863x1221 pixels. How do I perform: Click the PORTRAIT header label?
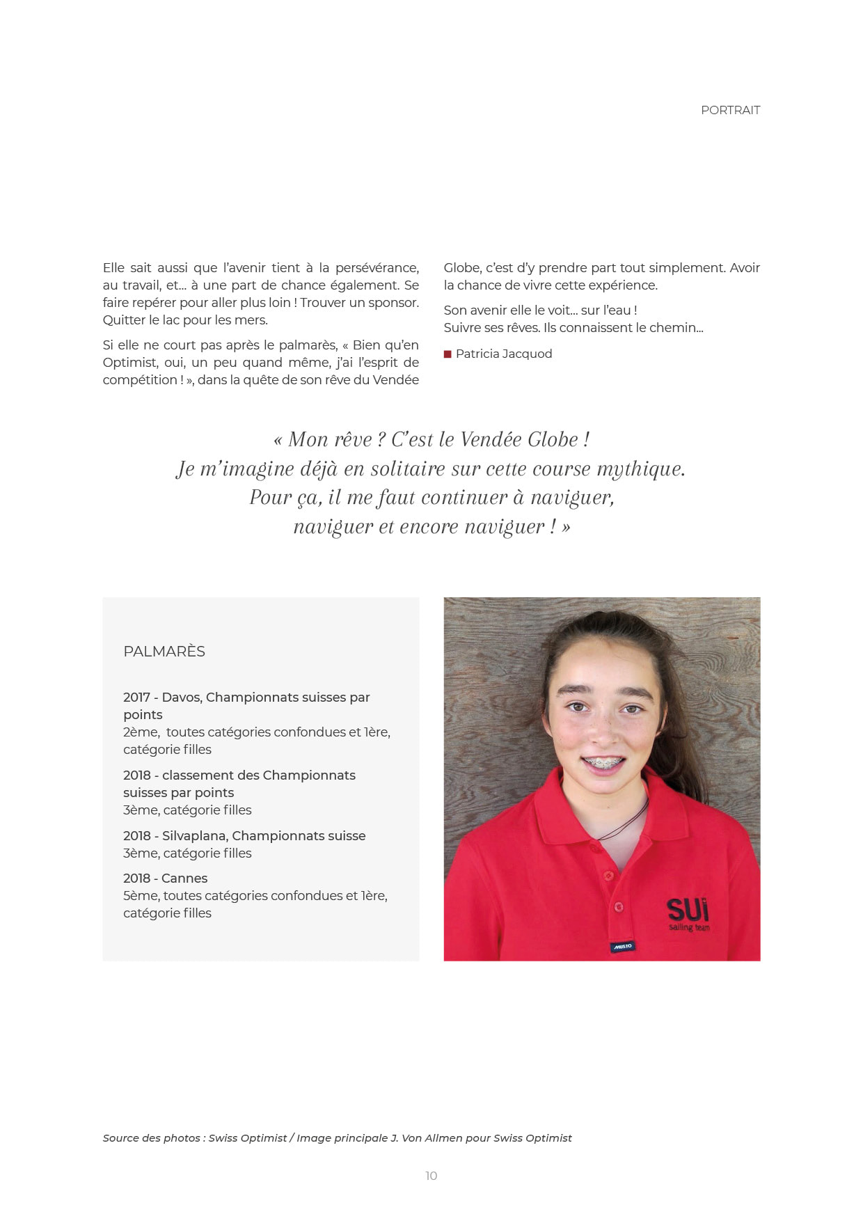(x=730, y=110)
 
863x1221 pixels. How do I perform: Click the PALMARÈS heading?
(x=164, y=652)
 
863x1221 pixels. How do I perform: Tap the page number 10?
(x=431, y=1176)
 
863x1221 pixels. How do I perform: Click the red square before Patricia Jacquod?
(x=448, y=354)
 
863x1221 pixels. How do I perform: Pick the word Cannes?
(x=184, y=879)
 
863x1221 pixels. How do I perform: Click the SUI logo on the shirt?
(x=688, y=910)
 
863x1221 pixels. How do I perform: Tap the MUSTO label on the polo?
(x=622, y=946)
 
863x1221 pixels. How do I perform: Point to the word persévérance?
(x=377, y=268)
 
